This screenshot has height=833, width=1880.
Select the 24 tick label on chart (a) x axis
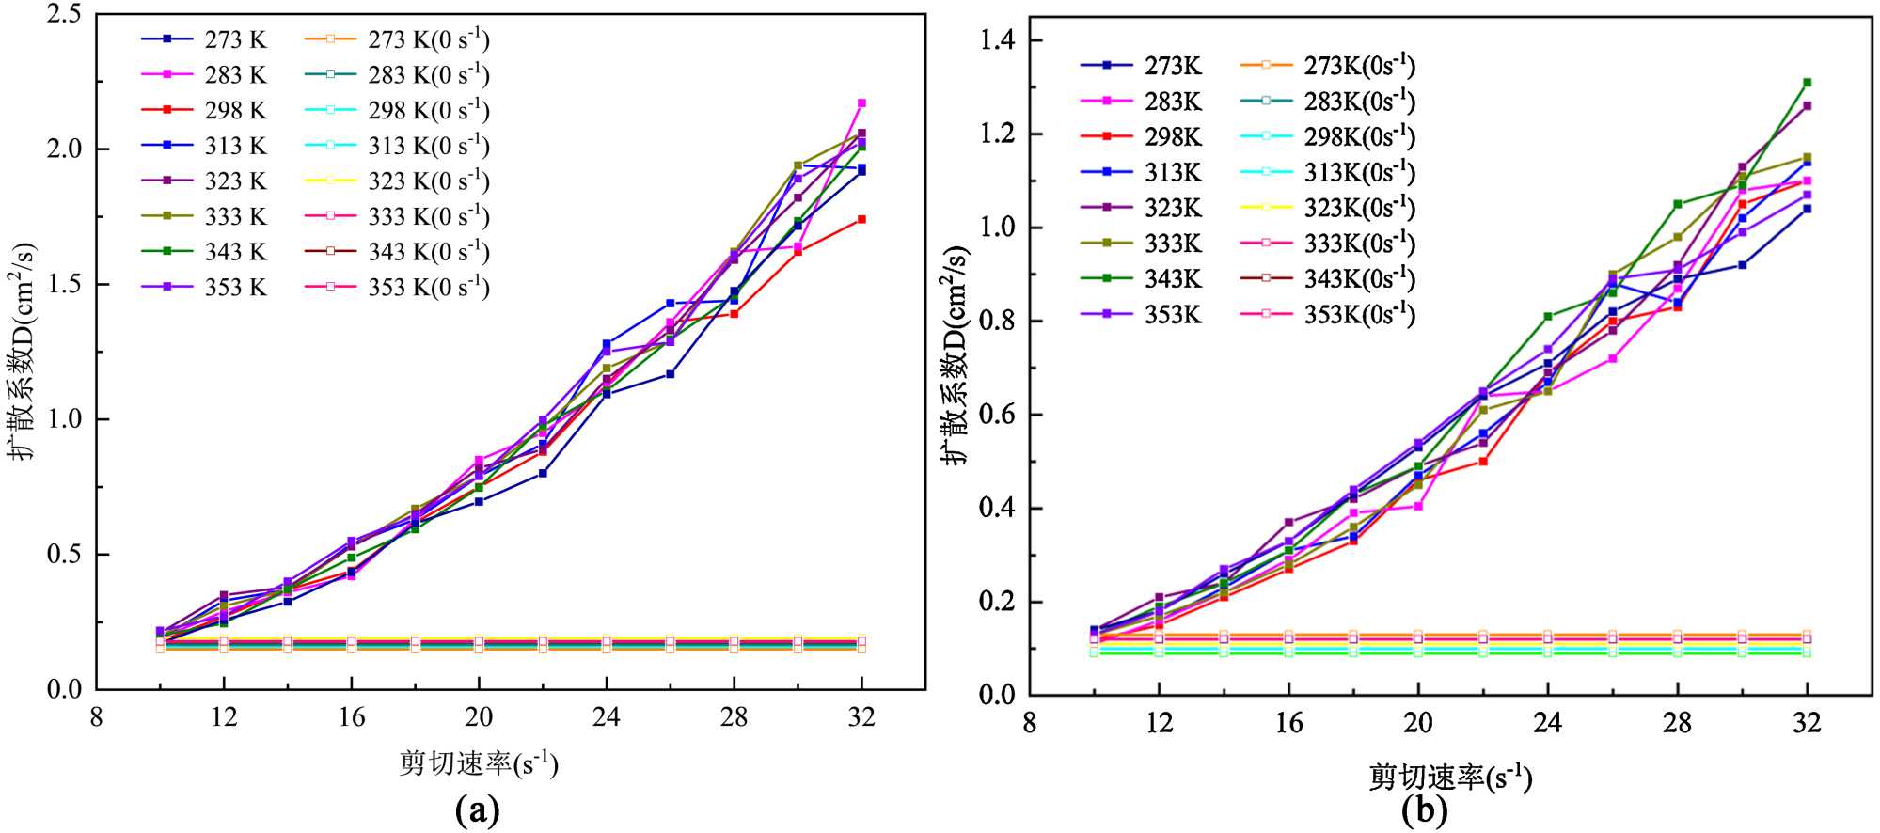pos(606,717)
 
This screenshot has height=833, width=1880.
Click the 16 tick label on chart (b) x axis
pos(1288,723)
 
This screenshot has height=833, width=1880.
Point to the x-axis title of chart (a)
pos(478,762)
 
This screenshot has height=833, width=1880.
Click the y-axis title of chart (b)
pos(956,355)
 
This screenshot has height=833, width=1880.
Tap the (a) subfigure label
pos(477,809)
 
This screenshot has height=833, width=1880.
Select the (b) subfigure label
pos(1424,809)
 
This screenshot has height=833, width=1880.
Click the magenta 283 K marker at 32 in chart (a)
pos(861,103)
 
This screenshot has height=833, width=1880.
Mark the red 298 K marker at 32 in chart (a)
pos(861,219)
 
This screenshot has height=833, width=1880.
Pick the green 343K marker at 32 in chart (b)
pos(1807,83)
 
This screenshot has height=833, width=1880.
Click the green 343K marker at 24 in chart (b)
pos(1547,317)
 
